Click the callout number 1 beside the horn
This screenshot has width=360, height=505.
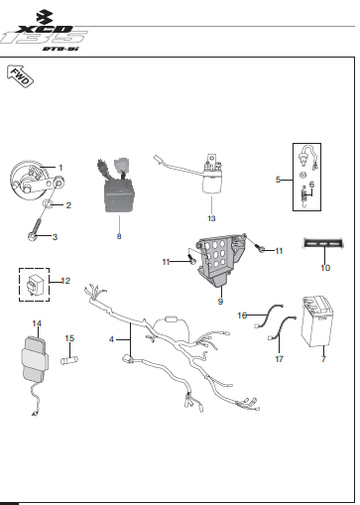point(60,167)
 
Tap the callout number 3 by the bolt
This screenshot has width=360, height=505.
point(56,236)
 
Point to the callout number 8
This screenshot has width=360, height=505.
point(119,236)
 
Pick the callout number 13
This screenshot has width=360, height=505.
point(210,216)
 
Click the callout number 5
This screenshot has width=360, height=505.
point(279,181)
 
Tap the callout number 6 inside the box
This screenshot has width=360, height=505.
point(311,185)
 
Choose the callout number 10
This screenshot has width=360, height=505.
point(324,267)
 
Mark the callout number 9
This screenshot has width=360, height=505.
point(221,300)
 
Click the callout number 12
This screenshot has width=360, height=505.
point(65,281)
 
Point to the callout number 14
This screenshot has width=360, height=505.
point(38,323)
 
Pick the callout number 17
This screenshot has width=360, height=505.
point(279,358)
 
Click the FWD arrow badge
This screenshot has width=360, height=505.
point(21,76)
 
